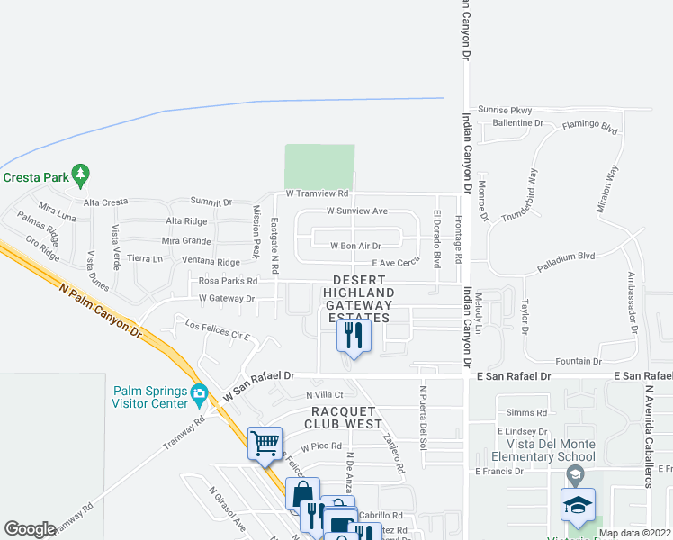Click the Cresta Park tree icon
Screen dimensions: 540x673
click(x=81, y=172)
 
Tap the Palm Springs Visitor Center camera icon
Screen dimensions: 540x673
click(x=199, y=392)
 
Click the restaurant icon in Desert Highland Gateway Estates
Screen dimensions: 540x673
click(x=353, y=337)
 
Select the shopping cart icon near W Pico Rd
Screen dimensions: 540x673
click(x=265, y=443)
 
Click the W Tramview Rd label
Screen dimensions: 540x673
click(x=317, y=193)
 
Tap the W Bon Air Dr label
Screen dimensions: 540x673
click(x=356, y=245)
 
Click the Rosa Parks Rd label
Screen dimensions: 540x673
click(x=228, y=281)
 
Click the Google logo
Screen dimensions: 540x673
click(x=30, y=529)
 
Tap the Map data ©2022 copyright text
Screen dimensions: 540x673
click(x=634, y=533)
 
